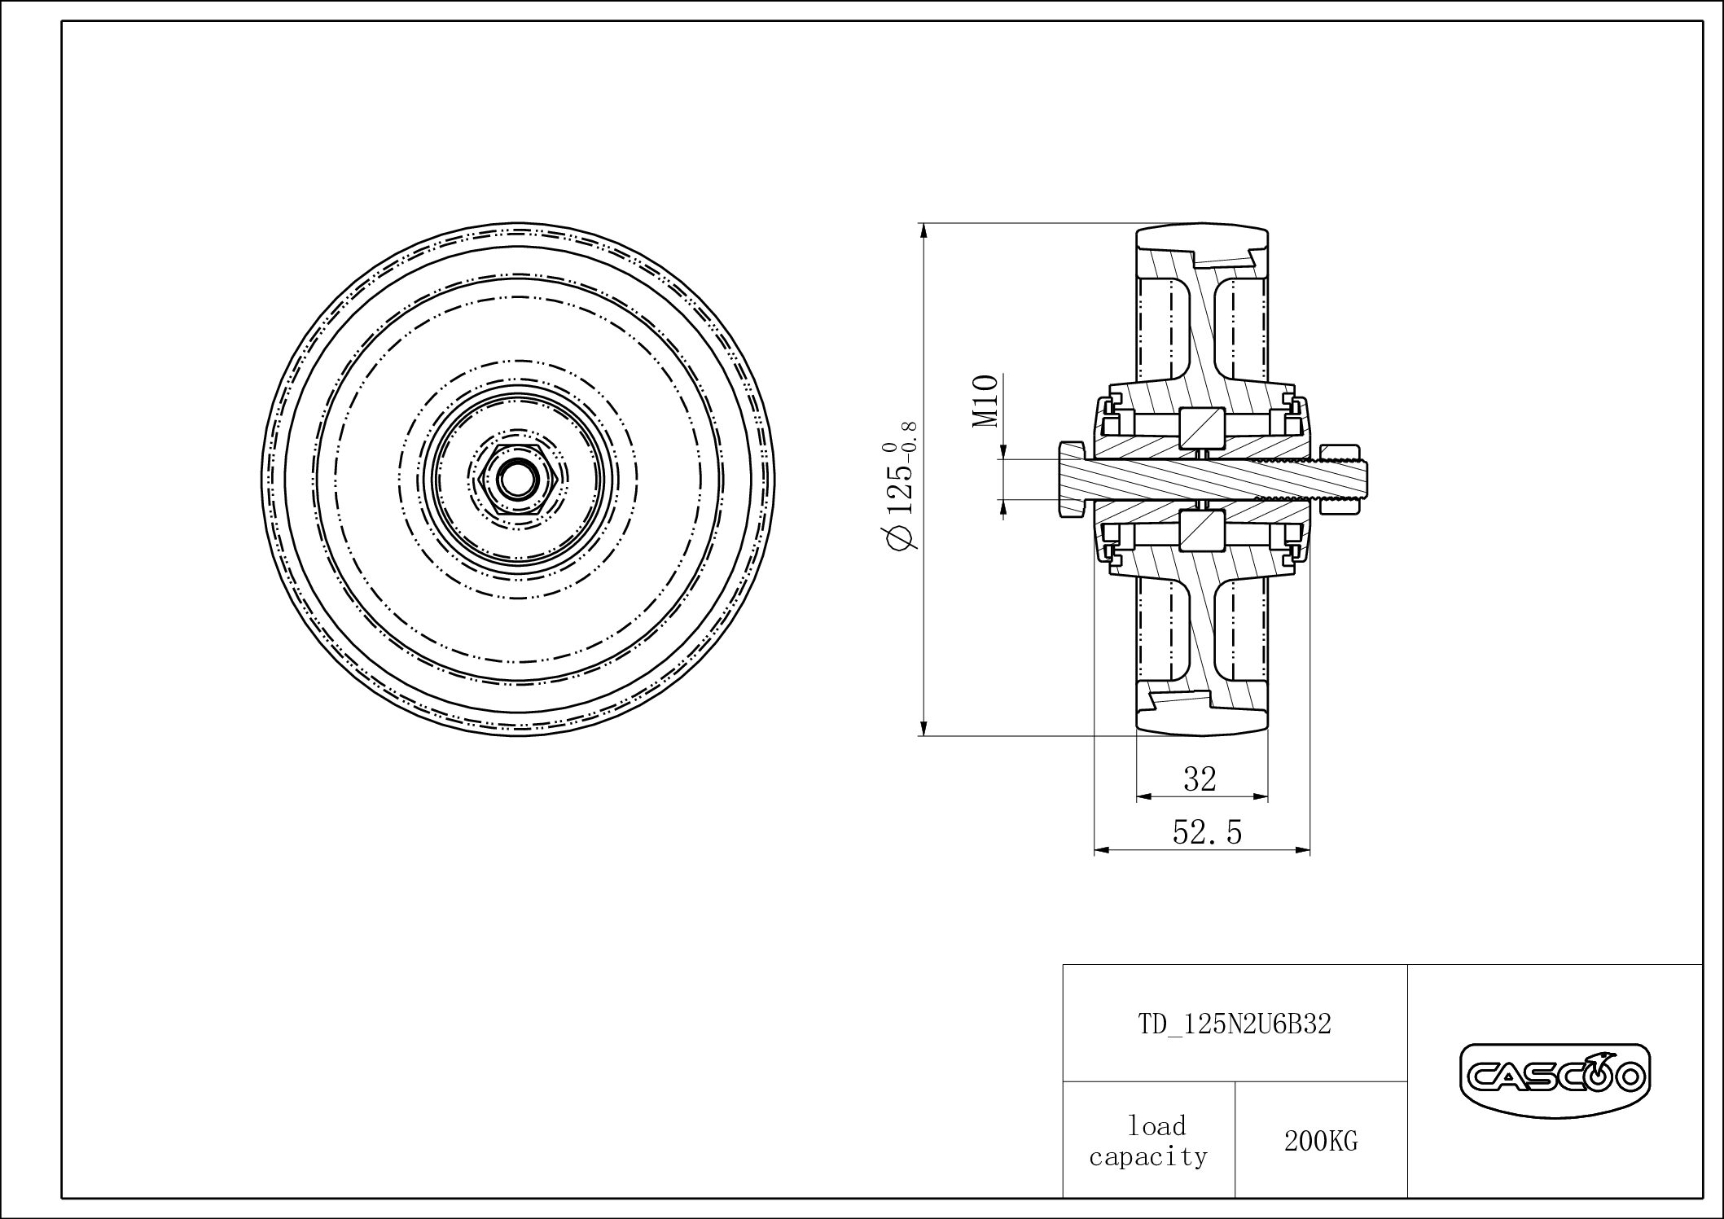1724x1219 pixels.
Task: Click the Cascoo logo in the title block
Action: [1555, 1078]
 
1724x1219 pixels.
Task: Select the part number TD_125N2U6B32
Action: [1234, 1024]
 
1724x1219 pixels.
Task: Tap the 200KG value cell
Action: [1321, 1142]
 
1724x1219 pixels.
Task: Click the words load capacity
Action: [1148, 1142]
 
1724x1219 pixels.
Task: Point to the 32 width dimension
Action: [1200, 779]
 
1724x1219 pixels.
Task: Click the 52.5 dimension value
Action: [1207, 832]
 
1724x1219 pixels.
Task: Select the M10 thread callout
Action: [986, 401]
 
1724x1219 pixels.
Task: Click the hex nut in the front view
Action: [513, 480]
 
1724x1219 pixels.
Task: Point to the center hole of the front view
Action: [513, 480]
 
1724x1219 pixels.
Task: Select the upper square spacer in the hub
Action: [1202, 427]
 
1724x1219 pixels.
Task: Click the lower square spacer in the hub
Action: [1202, 531]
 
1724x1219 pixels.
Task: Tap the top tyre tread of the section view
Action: [1202, 239]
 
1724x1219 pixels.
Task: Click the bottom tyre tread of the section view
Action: [1202, 721]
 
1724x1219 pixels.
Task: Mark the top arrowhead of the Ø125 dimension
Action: [923, 230]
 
